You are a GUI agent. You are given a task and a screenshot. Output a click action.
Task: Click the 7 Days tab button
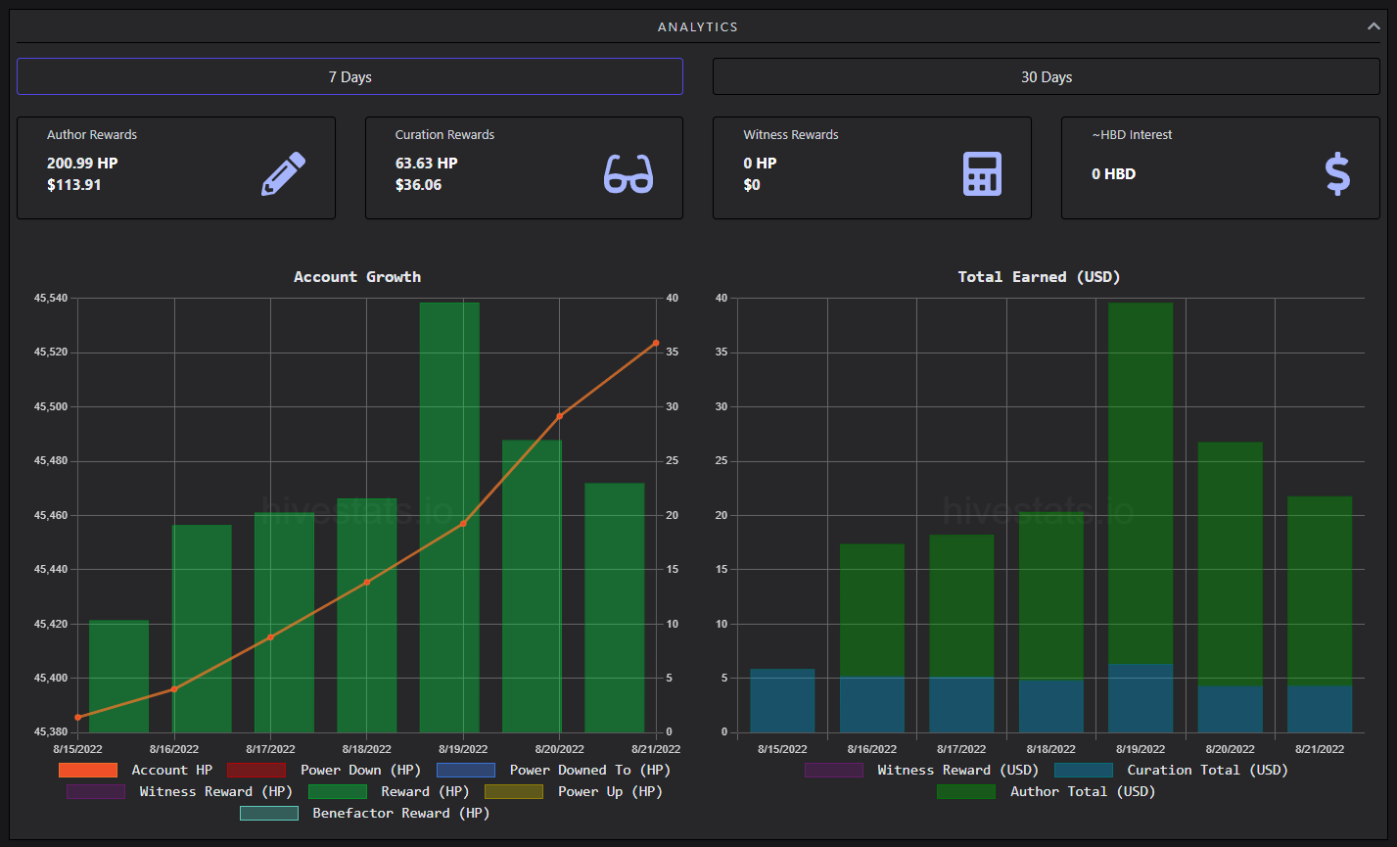(x=349, y=76)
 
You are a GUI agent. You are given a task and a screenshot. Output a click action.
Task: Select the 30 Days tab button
(x=1046, y=76)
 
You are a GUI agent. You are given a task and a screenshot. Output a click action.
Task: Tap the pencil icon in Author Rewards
(x=283, y=173)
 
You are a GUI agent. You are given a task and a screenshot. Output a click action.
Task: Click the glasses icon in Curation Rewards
(x=629, y=173)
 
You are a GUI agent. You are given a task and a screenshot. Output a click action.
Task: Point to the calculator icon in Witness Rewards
(x=982, y=173)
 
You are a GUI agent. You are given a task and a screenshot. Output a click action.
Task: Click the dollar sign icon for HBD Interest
(x=1337, y=173)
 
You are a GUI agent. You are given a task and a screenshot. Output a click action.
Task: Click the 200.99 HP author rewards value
(x=82, y=164)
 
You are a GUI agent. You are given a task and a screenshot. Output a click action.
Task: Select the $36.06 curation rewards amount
(x=418, y=185)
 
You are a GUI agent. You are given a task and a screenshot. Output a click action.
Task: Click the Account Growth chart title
(x=357, y=277)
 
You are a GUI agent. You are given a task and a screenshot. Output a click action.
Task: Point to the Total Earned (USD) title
(x=1039, y=277)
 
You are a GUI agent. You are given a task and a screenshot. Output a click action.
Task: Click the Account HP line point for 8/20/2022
(x=559, y=416)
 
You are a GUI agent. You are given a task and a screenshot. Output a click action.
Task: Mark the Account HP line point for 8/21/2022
(x=656, y=343)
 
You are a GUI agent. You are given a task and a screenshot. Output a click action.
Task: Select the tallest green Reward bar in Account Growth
(x=449, y=517)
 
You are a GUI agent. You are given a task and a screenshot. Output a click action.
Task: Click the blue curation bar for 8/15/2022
(x=782, y=700)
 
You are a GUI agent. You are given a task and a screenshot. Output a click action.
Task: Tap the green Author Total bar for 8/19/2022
(x=1141, y=484)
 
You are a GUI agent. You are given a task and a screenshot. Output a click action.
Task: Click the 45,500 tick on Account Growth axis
(x=51, y=406)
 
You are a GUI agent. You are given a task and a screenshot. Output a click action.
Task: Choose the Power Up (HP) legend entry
(x=574, y=791)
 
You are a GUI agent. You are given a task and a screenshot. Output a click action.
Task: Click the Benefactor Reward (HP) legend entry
(x=365, y=814)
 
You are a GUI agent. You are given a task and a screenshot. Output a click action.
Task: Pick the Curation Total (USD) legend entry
(x=1171, y=771)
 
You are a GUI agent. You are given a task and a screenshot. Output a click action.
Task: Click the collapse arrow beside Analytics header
(x=1374, y=26)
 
